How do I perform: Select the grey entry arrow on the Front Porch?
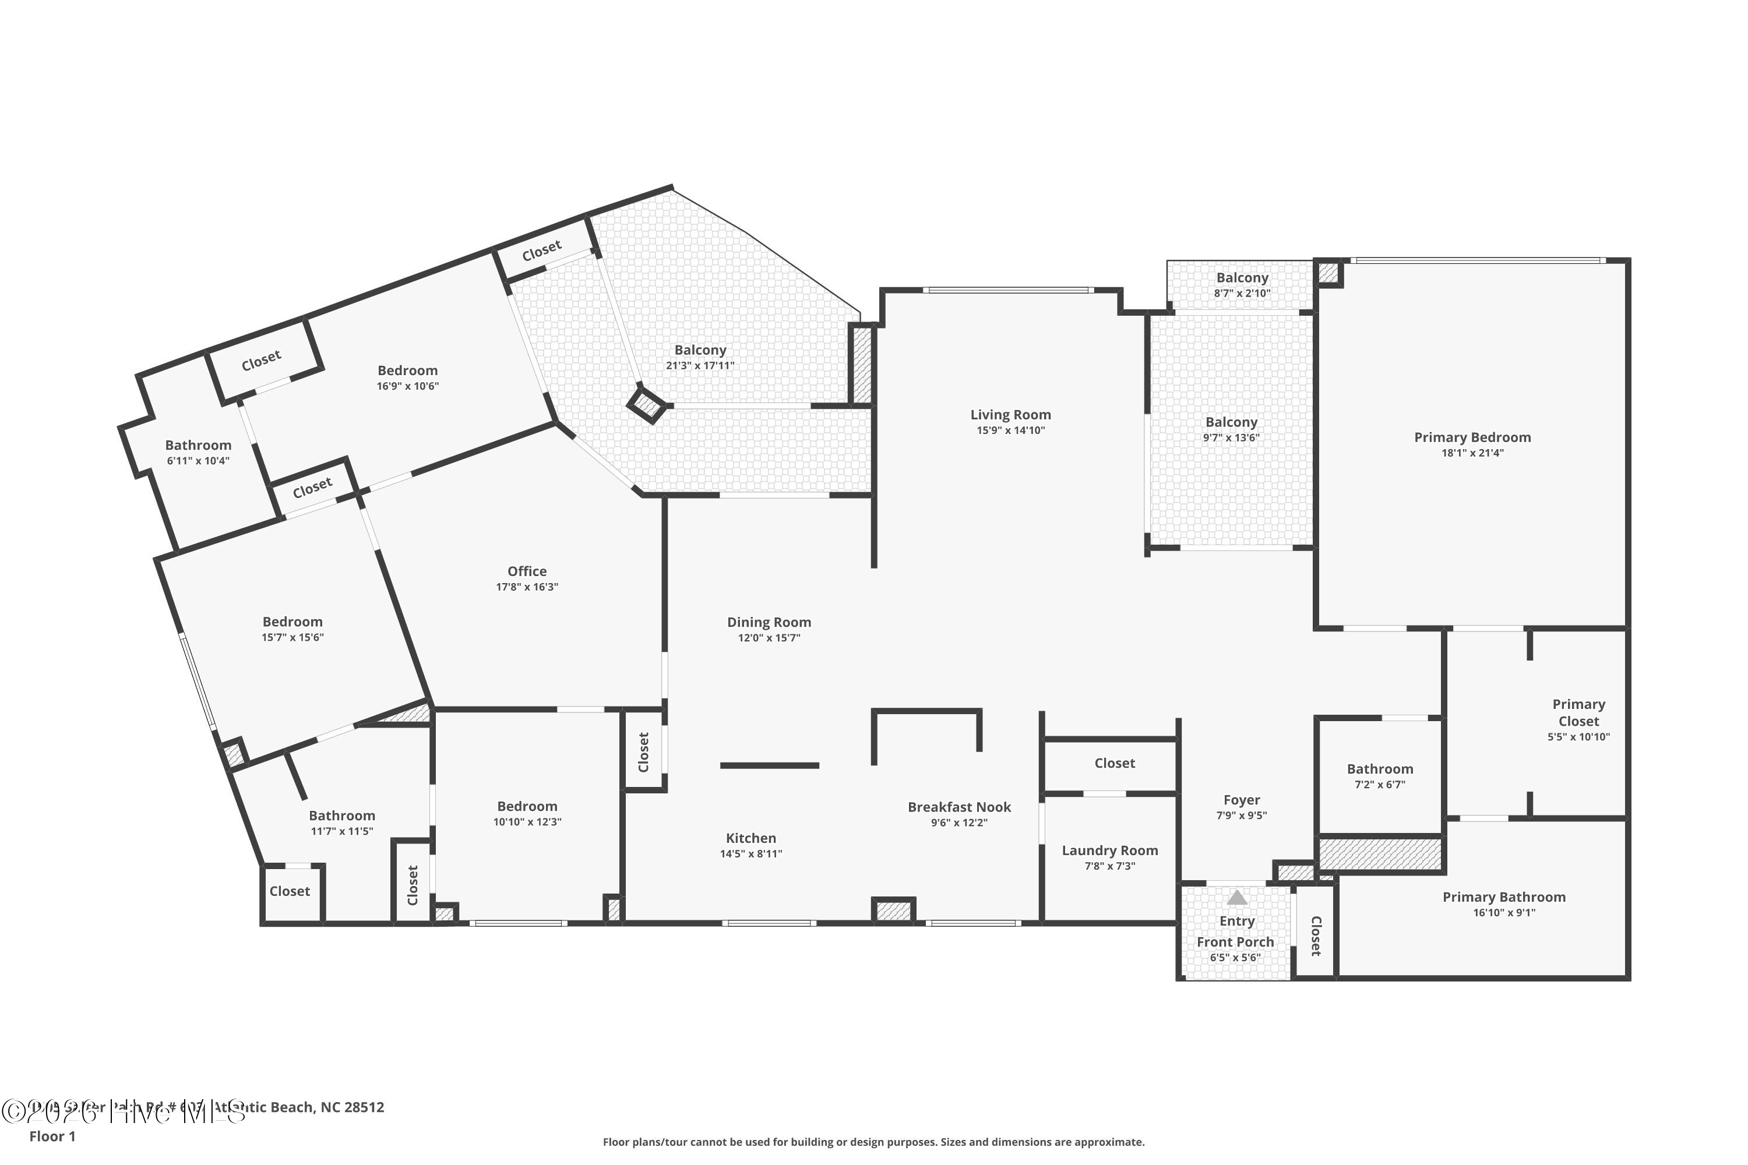[1236, 898]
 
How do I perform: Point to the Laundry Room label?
[1109, 850]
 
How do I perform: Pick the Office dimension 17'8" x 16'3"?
[527, 587]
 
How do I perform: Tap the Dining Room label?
[769, 623]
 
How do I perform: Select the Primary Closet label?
[1578, 712]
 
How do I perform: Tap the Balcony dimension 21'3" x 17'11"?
[700, 366]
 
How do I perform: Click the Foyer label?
[1241, 800]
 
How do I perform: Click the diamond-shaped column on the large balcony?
[645, 404]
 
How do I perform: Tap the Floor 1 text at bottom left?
[52, 1136]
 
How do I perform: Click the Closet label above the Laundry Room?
[1114, 763]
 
